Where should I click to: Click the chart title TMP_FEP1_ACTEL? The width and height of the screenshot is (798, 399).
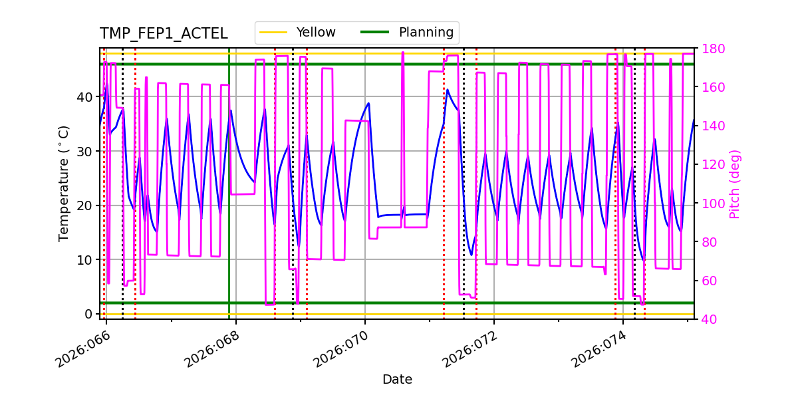click(x=164, y=34)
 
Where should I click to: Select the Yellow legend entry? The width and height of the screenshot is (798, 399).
click(x=315, y=33)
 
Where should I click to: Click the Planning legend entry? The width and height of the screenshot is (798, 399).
click(x=426, y=33)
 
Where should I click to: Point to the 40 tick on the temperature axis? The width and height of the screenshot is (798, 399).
click(x=85, y=97)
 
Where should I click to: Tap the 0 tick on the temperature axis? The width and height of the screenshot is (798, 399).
click(x=88, y=314)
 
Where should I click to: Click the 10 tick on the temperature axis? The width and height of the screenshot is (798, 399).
click(x=85, y=259)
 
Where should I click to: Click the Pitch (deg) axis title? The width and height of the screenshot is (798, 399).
click(x=735, y=184)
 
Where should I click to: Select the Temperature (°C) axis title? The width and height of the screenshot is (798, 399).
click(x=64, y=184)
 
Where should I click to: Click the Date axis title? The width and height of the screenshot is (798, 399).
click(x=397, y=380)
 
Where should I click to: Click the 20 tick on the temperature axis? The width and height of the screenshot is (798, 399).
click(x=85, y=205)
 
